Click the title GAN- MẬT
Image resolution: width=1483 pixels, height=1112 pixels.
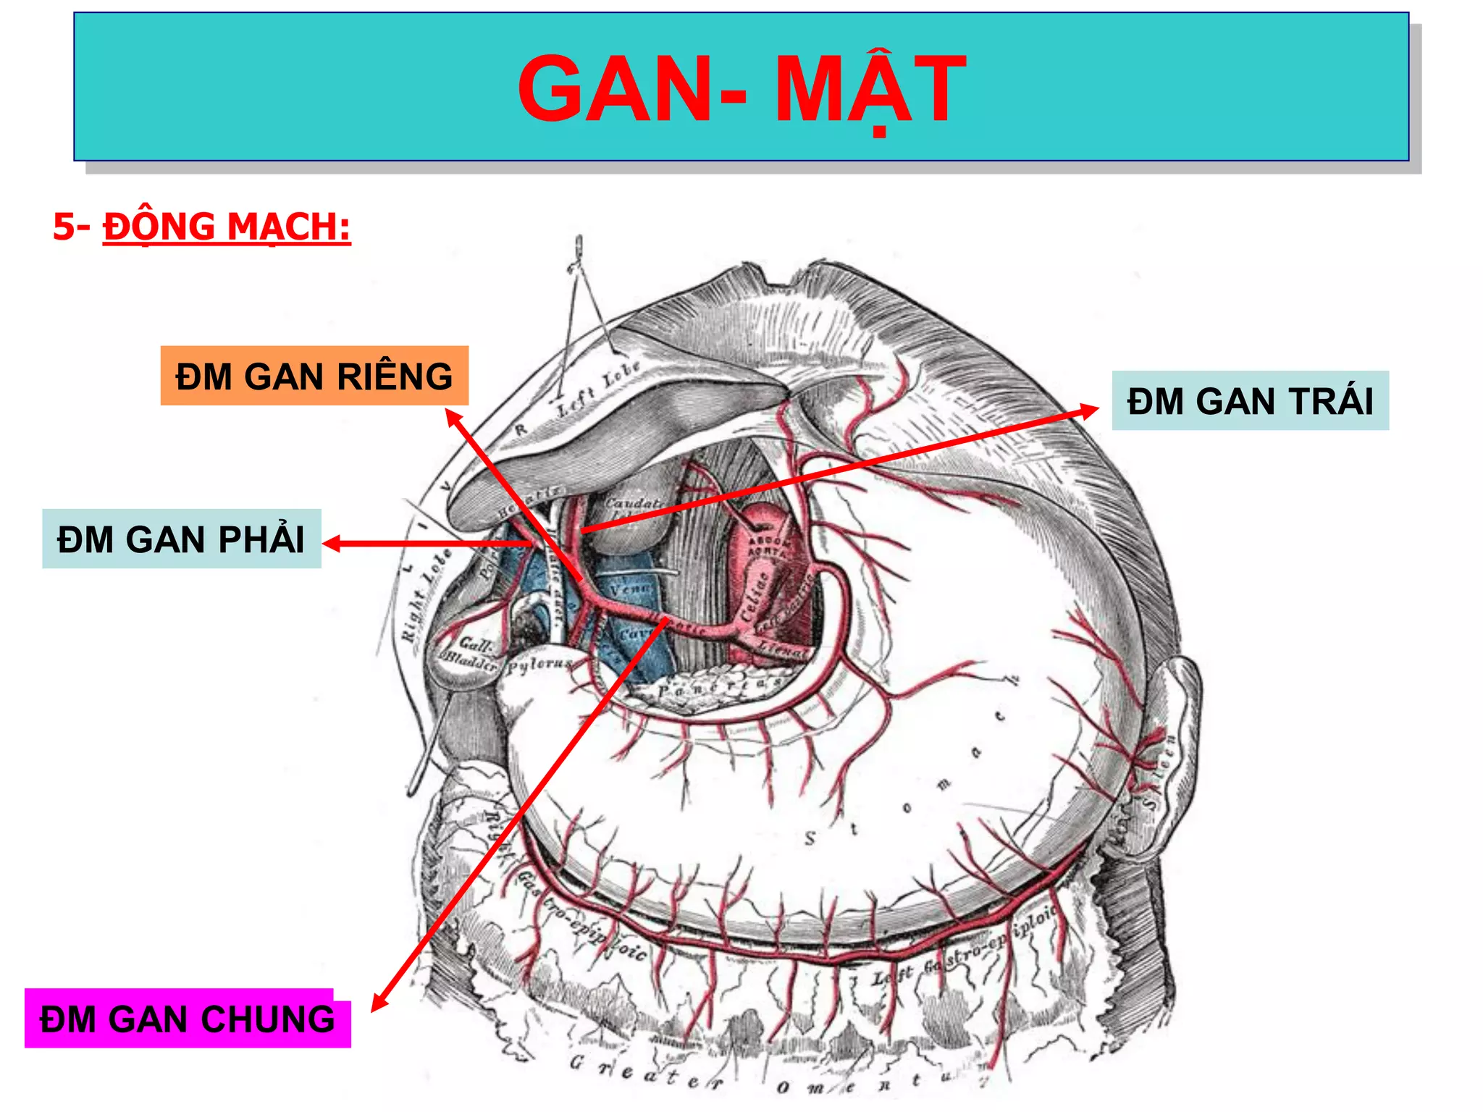click(741, 88)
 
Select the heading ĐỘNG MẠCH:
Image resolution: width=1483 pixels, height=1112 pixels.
click(227, 227)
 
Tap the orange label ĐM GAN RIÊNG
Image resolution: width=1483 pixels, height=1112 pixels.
click(314, 376)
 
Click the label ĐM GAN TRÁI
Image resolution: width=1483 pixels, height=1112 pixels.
click(1250, 401)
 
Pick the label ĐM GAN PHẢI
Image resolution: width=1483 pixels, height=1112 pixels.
click(181, 539)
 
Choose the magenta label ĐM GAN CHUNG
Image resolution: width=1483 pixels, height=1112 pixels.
click(188, 1019)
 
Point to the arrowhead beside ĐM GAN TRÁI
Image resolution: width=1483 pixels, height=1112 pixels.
click(1091, 410)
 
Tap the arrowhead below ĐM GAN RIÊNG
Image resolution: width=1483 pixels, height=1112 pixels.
click(452, 416)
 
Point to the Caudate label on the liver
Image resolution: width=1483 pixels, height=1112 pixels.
click(634, 502)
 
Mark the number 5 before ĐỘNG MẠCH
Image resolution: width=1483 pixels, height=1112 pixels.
click(64, 227)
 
